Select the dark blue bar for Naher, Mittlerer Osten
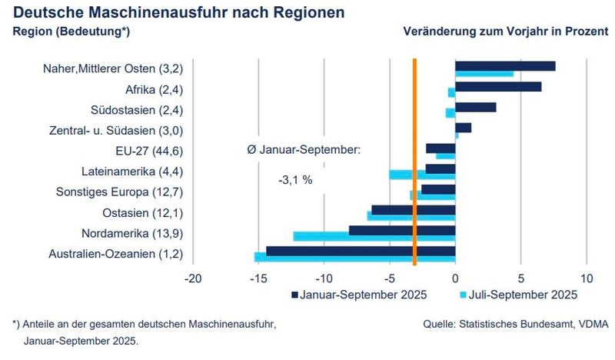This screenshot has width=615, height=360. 505,66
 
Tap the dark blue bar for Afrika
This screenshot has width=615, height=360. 498,86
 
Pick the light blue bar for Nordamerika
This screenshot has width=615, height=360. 374,236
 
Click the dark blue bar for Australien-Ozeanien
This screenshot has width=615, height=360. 361,251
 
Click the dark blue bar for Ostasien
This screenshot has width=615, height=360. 414,209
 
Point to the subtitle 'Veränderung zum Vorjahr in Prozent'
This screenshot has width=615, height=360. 505,32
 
